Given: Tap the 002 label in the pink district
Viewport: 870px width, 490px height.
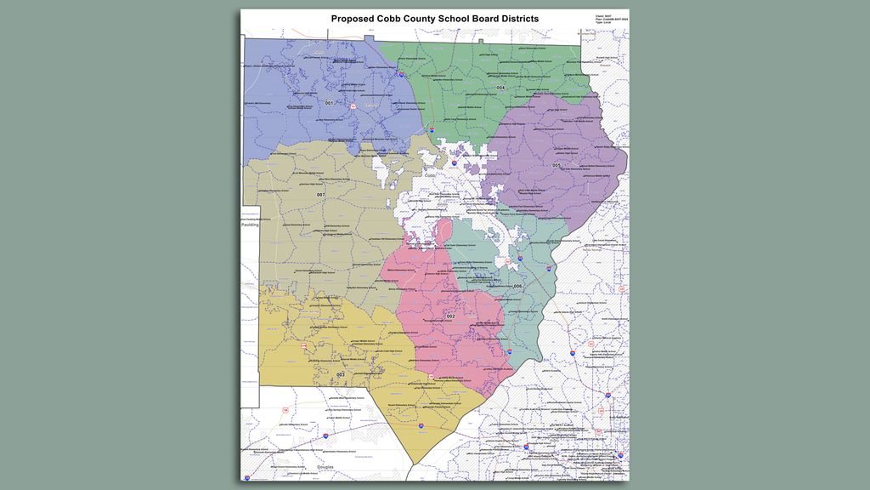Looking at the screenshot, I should (450, 316).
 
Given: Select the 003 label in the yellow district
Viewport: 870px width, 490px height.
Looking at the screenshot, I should (341, 374).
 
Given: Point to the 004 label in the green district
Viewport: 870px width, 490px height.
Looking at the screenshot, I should (501, 88).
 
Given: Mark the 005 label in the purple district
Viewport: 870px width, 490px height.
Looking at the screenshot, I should (556, 165).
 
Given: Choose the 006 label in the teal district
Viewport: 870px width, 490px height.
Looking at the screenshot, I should (517, 286).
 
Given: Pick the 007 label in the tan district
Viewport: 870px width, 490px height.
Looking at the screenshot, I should (320, 195).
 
